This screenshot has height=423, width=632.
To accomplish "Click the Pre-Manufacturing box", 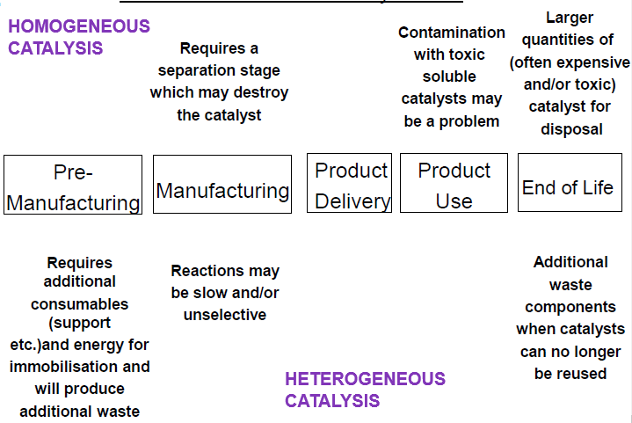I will [x=73, y=185].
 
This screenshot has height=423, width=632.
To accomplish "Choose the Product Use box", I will [x=454, y=185].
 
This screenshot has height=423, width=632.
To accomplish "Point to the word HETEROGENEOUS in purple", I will [x=365, y=379].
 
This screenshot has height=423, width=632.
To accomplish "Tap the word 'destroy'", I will [x=264, y=92].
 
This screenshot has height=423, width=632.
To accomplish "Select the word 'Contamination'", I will [x=452, y=33].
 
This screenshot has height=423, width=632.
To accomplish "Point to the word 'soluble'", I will [x=452, y=77].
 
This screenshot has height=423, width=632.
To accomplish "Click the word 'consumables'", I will [x=79, y=304].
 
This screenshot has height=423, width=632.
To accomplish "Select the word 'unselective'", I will [x=225, y=315].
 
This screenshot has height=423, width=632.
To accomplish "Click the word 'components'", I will [x=569, y=307].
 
